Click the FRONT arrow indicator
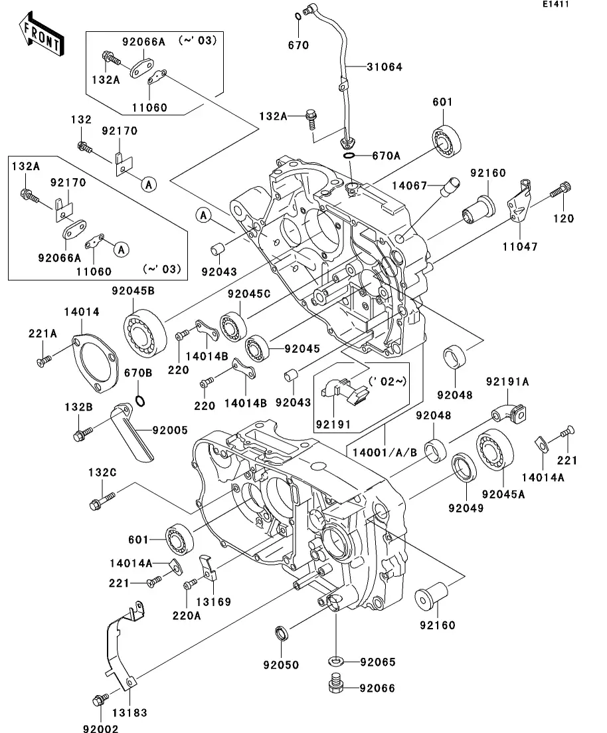coord(42,36)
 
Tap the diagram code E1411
coord(556,5)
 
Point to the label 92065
coord(378,662)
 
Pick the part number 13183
coord(130,712)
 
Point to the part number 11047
coord(520,247)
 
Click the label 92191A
coord(507,382)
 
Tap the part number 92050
coord(281,665)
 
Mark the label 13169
coord(213,602)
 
